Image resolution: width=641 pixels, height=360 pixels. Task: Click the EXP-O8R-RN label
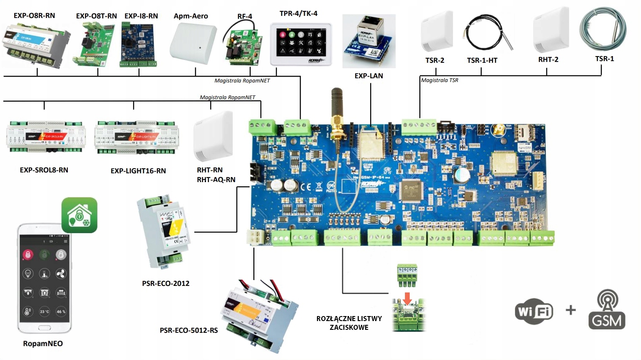(x=34, y=15)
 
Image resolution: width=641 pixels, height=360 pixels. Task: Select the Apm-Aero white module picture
(x=193, y=43)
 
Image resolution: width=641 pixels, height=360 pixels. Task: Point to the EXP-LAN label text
(x=368, y=76)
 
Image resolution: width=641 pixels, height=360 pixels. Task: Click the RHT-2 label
(x=548, y=59)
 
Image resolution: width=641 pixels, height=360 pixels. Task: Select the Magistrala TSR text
(x=440, y=80)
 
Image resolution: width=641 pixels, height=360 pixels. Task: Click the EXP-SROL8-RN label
(x=44, y=170)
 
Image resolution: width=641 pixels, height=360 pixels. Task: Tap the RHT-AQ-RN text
(x=216, y=180)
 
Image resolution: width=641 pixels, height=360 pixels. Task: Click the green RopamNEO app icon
(x=80, y=215)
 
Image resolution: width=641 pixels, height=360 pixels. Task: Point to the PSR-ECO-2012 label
(x=166, y=283)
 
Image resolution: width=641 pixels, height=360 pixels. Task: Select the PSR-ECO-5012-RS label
(x=189, y=330)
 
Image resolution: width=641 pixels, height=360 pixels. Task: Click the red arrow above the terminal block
(x=407, y=298)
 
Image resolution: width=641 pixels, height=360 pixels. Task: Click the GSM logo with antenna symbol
(x=607, y=310)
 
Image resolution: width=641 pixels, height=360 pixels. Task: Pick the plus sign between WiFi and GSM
(x=571, y=310)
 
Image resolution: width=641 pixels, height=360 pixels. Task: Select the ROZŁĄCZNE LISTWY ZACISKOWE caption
(x=349, y=323)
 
